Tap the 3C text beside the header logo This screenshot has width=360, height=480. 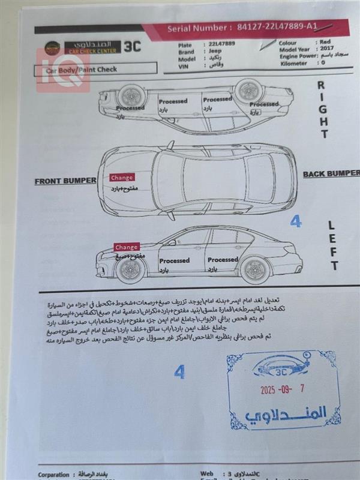click(133, 47)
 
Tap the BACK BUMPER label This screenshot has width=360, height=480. click(330, 174)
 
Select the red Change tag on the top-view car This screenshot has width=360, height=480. click(122, 178)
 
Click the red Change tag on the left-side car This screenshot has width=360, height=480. click(127, 247)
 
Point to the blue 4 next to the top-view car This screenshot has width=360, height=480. click(295, 221)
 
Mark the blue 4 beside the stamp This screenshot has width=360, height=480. click(179, 372)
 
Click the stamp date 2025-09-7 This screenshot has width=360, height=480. click(282, 389)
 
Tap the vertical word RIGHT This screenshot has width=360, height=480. click(325, 110)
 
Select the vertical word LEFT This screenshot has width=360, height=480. click(334, 245)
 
